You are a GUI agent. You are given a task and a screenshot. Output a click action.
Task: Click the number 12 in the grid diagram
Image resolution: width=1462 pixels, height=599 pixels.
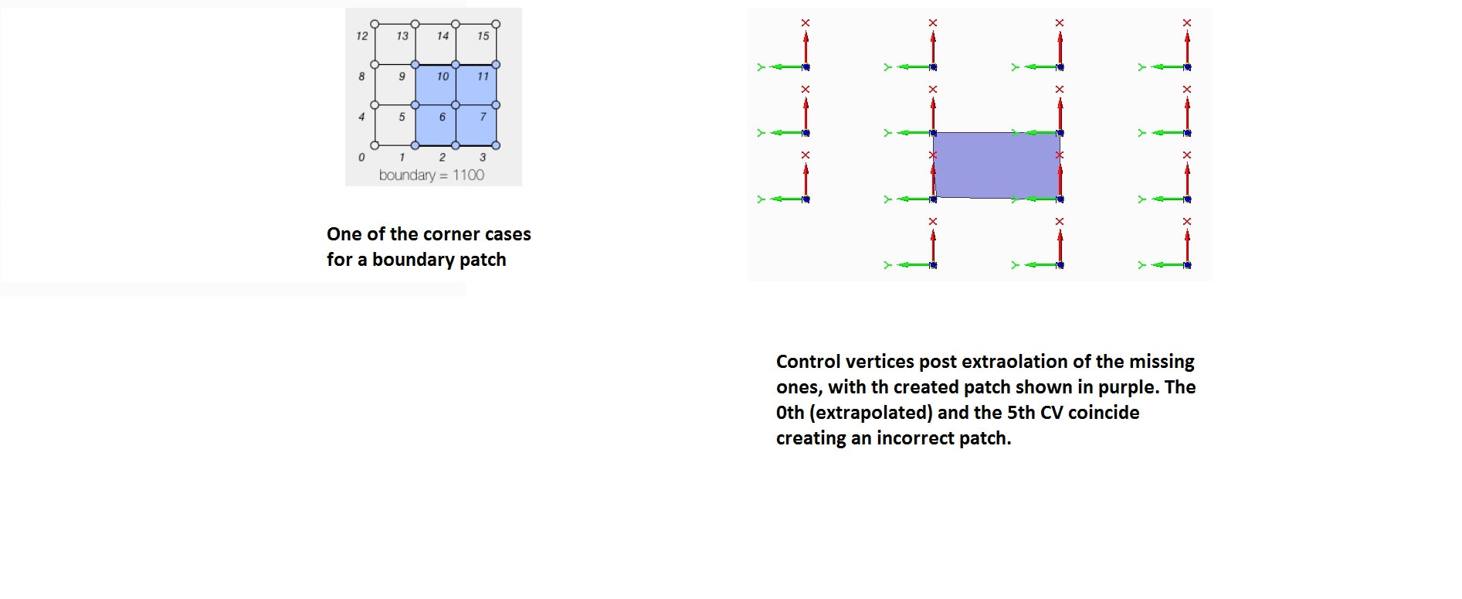tap(361, 36)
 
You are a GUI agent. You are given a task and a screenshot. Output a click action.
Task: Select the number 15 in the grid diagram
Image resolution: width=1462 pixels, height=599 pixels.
tap(483, 36)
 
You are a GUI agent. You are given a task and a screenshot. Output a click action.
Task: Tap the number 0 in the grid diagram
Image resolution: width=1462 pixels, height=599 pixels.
tap(361, 158)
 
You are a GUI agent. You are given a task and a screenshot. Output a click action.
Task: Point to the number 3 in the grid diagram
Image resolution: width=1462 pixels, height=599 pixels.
tap(483, 158)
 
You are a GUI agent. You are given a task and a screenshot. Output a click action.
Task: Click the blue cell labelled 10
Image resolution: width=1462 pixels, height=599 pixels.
tap(436, 84)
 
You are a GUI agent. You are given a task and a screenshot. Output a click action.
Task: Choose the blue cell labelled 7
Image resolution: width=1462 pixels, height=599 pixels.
tap(476, 124)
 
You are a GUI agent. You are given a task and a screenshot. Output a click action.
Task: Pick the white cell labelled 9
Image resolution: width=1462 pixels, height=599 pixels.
tap(395, 84)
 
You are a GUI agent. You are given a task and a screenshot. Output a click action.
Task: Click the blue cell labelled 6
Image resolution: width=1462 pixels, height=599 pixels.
tap(436, 124)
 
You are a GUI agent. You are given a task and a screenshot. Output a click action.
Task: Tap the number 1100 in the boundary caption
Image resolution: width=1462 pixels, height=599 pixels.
tap(468, 175)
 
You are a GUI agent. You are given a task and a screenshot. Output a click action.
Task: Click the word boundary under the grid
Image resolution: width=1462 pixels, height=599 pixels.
tap(407, 175)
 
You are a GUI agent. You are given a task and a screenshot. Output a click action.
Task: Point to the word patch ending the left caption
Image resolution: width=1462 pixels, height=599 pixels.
tap(483, 260)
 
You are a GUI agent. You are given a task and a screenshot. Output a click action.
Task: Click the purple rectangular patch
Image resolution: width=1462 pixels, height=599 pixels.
tap(996, 165)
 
